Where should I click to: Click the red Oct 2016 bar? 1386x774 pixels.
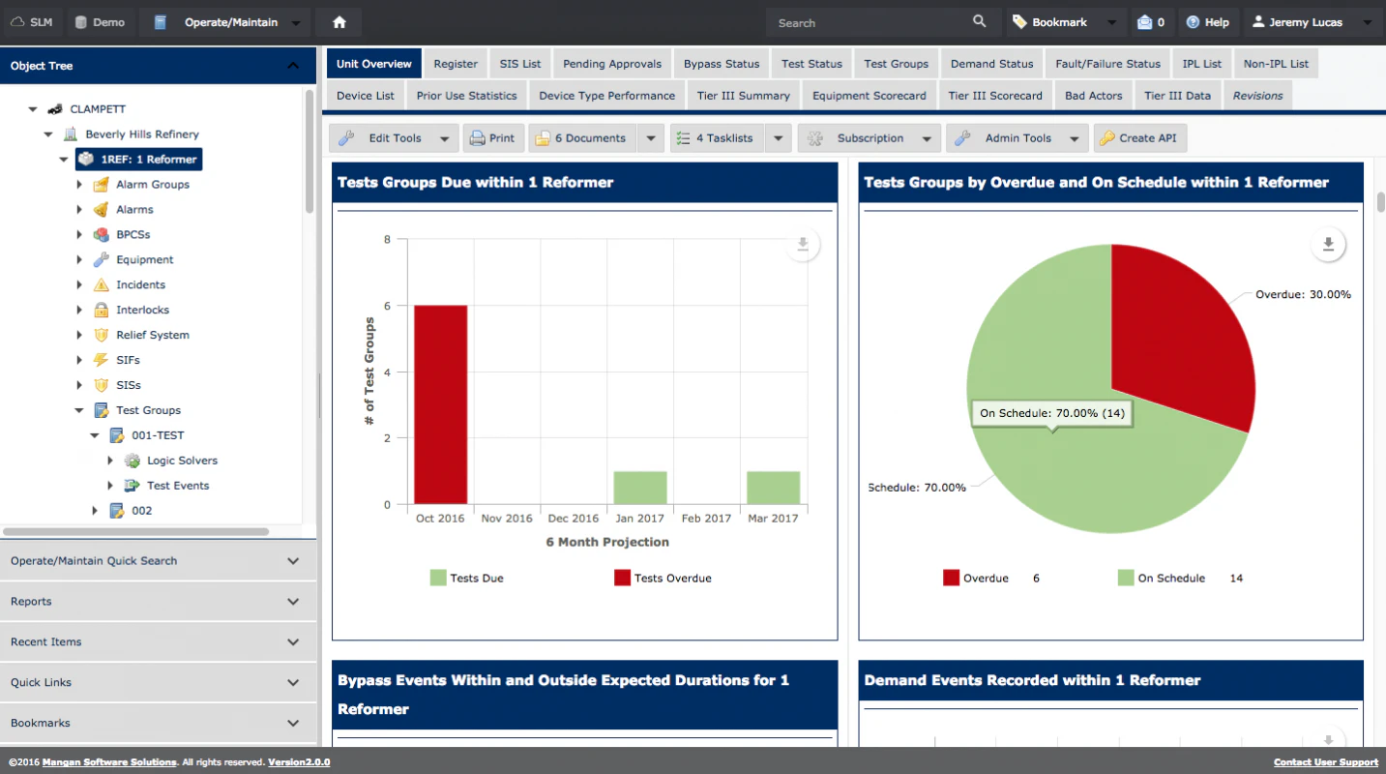[440, 404]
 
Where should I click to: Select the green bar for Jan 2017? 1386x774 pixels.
[640, 488]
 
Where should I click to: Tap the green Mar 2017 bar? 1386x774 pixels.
[773, 488]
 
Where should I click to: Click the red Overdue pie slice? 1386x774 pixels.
[1175, 329]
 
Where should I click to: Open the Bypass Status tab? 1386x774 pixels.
[721, 64]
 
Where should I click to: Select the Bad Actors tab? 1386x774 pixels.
[1093, 96]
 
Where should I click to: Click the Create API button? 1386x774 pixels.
[1139, 138]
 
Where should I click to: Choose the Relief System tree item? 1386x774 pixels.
[152, 335]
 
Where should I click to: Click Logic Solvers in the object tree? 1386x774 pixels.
[182, 461]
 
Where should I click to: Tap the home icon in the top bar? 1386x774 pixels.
[339, 22]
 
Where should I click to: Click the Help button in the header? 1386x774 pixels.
[1207, 22]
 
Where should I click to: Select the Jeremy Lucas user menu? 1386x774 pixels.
[1306, 22]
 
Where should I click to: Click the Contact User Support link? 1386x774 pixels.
[1325, 762]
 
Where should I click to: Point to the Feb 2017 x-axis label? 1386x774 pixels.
[706, 519]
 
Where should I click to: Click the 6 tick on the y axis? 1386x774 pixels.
[387, 306]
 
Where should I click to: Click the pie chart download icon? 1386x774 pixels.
[1328, 245]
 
